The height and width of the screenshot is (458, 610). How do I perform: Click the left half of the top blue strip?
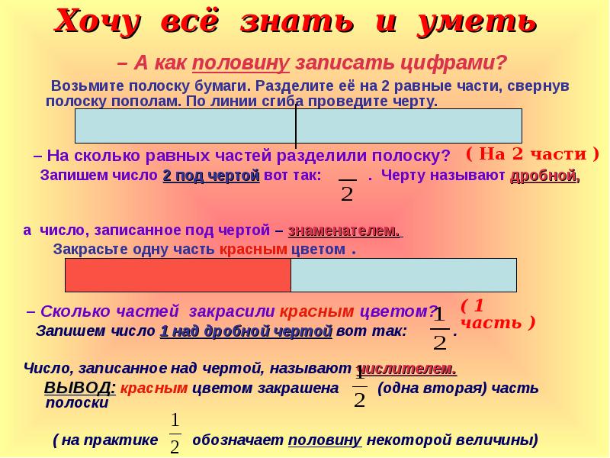[x=185, y=126]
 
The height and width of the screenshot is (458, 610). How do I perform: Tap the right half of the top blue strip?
[x=409, y=126]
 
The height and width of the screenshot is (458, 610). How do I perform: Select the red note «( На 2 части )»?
[x=531, y=153]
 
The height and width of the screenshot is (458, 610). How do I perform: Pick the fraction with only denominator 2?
[x=347, y=189]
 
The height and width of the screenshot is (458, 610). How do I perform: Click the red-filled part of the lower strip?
[x=178, y=276]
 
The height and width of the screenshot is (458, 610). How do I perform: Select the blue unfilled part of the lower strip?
[x=403, y=276]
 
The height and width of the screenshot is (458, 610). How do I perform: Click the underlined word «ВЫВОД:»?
[x=80, y=388]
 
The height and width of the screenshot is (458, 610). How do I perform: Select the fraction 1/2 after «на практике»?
[x=175, y=433]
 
